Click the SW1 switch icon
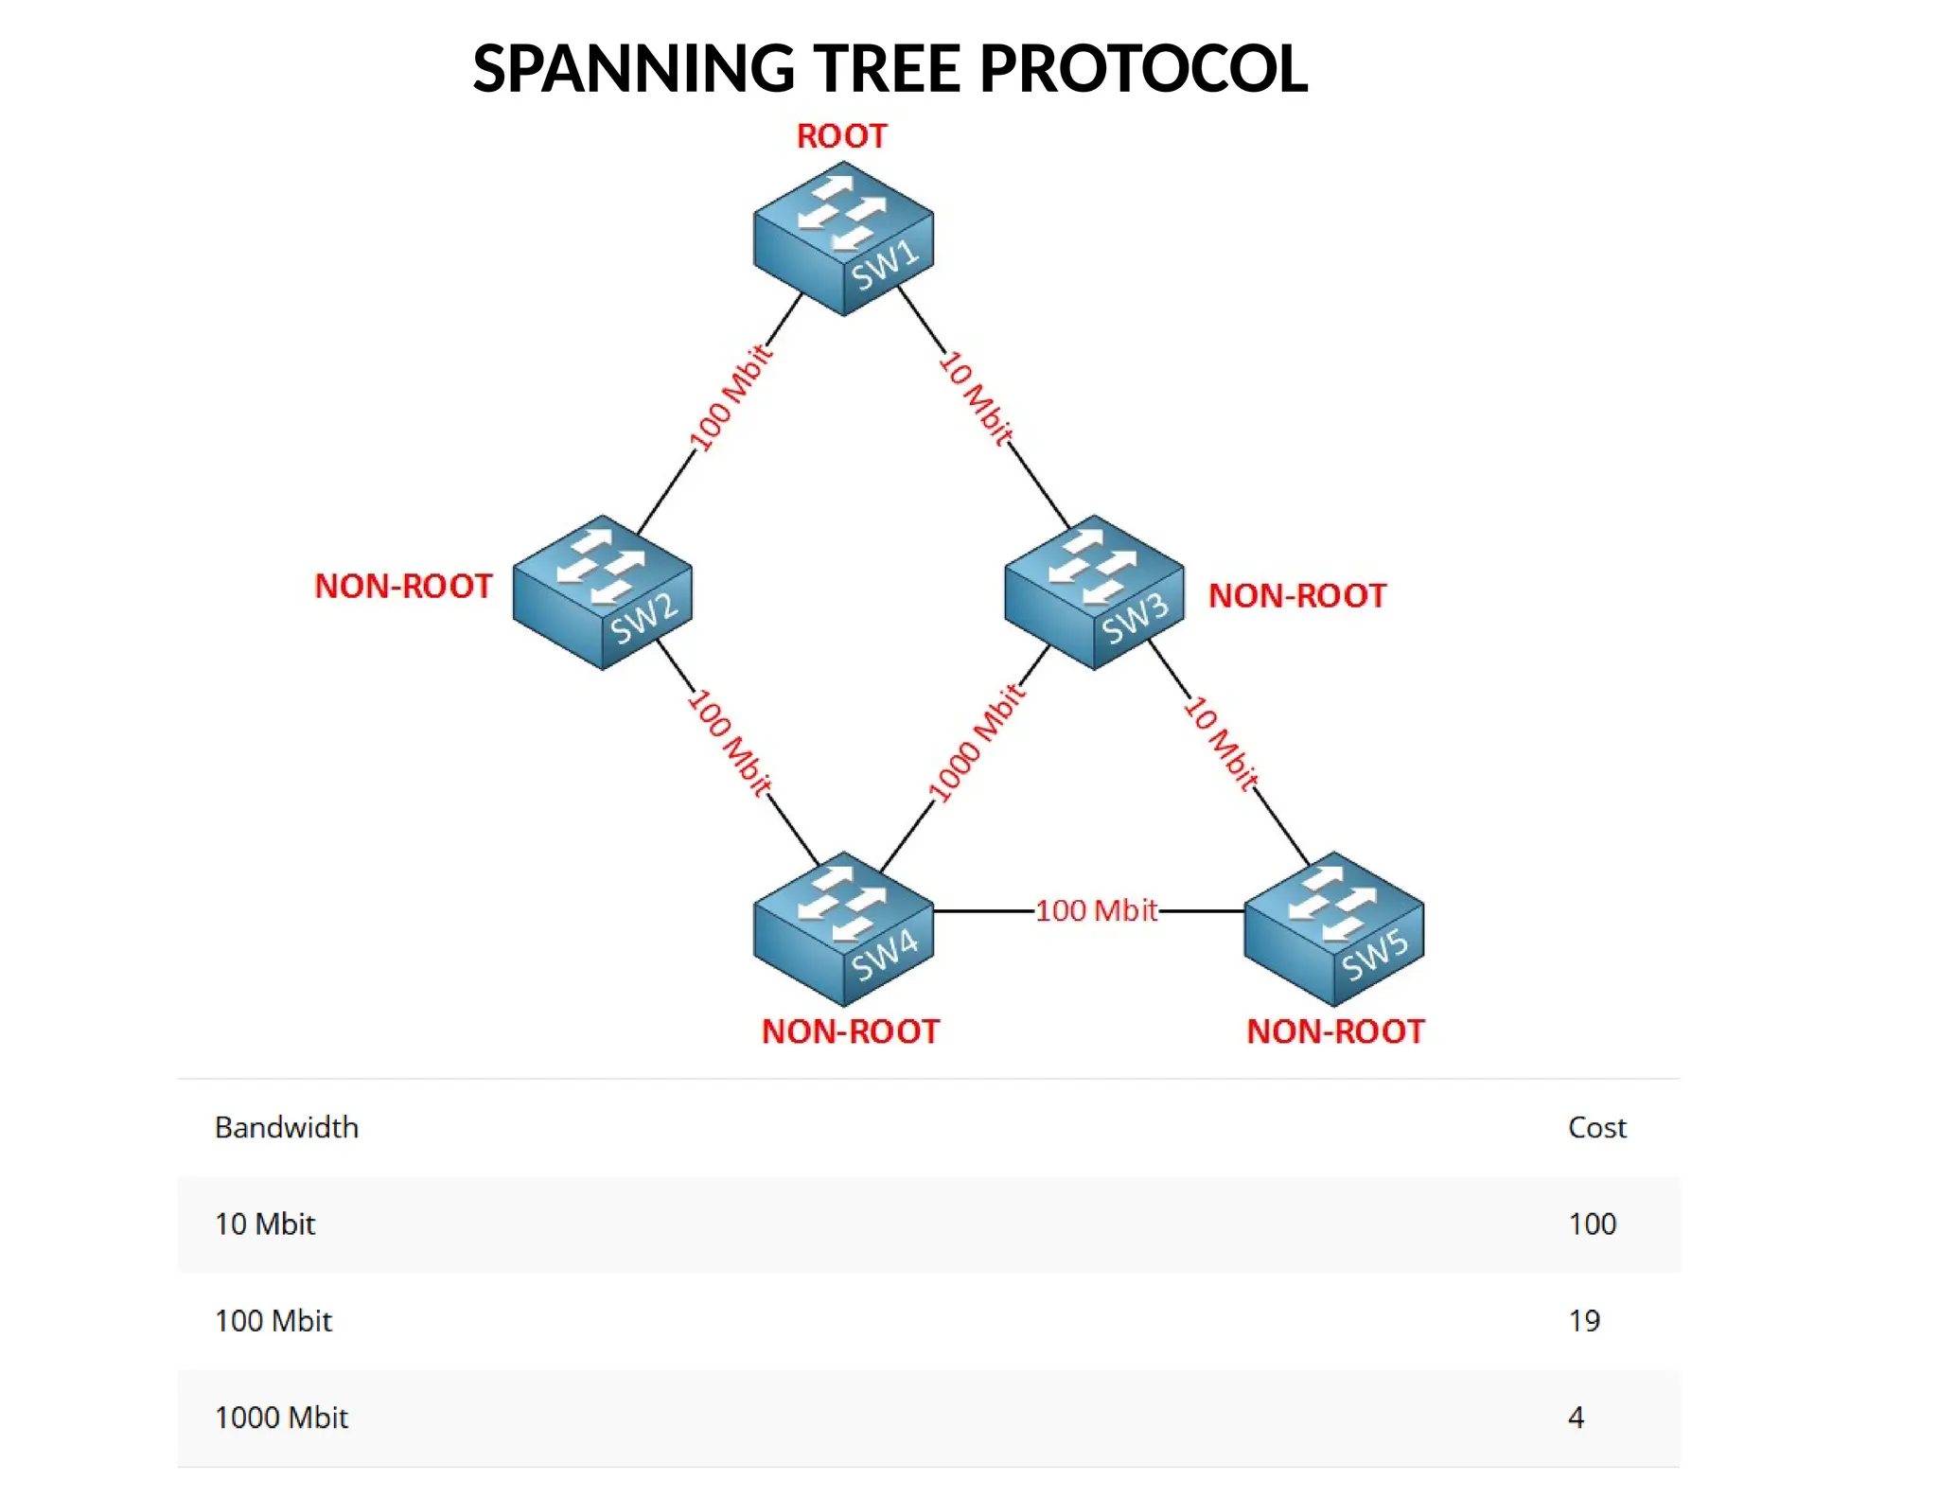click(x=843, y=238)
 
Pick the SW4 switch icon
click(x=843, y=928)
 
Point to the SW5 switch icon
click(x=1333, y=928)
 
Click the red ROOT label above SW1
click(x=841, y=136)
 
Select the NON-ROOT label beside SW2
click(x=403, y=586)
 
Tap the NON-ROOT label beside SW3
click(x=1297, y=595)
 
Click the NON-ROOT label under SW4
click(x=851, y=1030)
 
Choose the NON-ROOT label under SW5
click(x=1335, y=1030)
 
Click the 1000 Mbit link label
click(x=977, y=743)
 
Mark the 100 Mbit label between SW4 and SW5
click(x=1096, y=910)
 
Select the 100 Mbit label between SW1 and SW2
click(x=731, y=398)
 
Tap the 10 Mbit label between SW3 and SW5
click(x=1222, y=742)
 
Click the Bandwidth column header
click(x=287, y=1127)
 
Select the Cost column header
click(x=1596, y=1127)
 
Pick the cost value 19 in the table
click(x=1584, y=1320)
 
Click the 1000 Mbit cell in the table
click(x=282, y=1417)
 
